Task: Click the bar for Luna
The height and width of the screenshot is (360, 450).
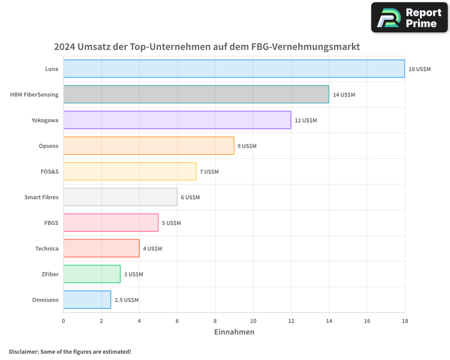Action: (234, 69)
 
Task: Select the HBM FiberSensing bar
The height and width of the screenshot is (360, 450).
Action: (196, 94)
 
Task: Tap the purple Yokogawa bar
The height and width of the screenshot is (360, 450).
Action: (177, 120)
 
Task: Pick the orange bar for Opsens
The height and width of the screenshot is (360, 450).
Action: (148, 146)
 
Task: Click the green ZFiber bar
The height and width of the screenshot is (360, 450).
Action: (92, 274)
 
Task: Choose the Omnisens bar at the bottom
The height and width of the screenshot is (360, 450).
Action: (87, 300)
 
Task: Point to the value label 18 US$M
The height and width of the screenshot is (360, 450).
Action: (419, 69)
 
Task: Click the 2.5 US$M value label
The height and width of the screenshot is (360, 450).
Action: (126, 300)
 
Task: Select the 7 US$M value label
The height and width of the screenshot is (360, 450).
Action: (209, 172)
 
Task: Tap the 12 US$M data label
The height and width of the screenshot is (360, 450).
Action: (306, 121)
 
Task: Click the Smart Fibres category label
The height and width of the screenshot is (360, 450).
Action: (41, 197)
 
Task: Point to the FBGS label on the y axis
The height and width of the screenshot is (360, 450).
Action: (51, 223)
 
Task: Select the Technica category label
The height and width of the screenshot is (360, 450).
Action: (47, 248)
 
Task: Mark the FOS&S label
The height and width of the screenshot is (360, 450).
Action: (49, 171)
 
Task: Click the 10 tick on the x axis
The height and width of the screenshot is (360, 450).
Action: (253, 321)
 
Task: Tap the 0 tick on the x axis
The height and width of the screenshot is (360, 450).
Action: (63, 321)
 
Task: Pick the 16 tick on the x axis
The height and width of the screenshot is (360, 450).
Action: (367, 321)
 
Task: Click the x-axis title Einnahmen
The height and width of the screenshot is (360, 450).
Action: (234, 332)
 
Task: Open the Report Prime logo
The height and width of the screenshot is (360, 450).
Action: (409, 18)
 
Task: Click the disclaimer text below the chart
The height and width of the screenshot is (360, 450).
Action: (70, 351)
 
